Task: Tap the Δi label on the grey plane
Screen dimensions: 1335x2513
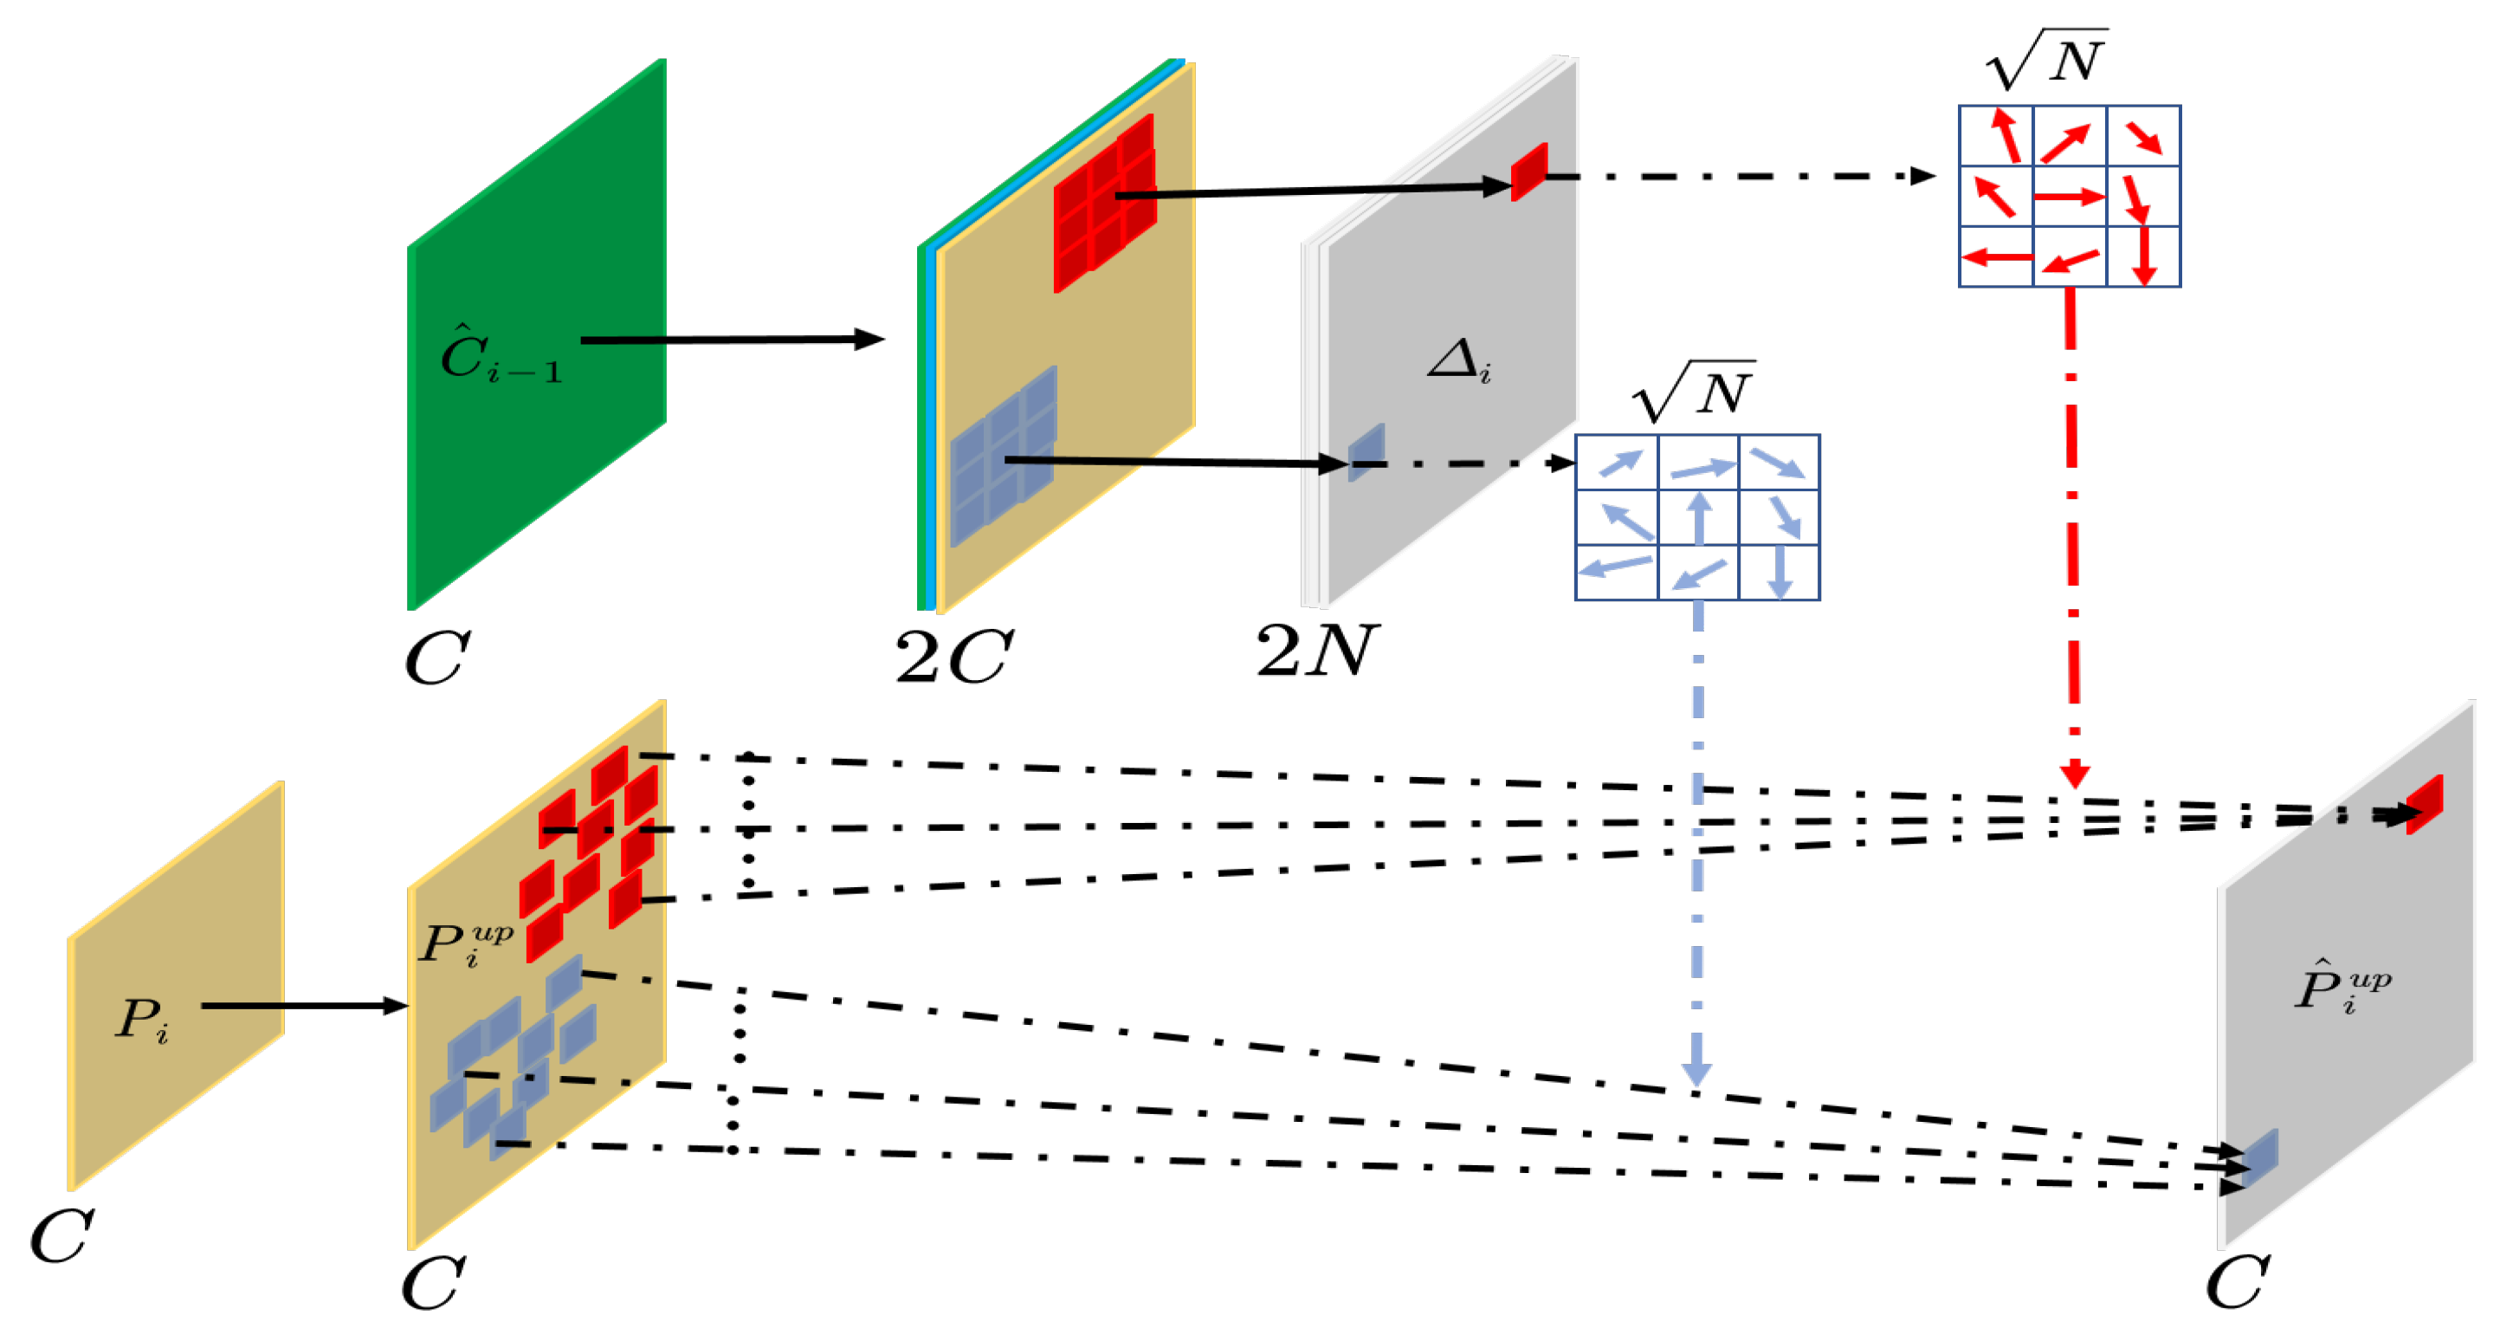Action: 1458,361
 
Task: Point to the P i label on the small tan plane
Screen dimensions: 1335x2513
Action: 142,1020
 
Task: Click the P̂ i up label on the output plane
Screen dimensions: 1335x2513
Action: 2342,988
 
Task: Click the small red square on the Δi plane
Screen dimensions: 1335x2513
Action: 1528,172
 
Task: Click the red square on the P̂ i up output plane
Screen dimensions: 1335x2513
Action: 2424,804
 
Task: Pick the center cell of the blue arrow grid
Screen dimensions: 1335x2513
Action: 1698,517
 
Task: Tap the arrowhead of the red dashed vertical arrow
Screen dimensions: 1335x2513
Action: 2075,776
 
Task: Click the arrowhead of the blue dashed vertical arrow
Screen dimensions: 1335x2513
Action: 1697,1073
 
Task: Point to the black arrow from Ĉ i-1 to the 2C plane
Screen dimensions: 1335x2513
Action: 732,340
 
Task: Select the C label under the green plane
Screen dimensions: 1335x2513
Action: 437,659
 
